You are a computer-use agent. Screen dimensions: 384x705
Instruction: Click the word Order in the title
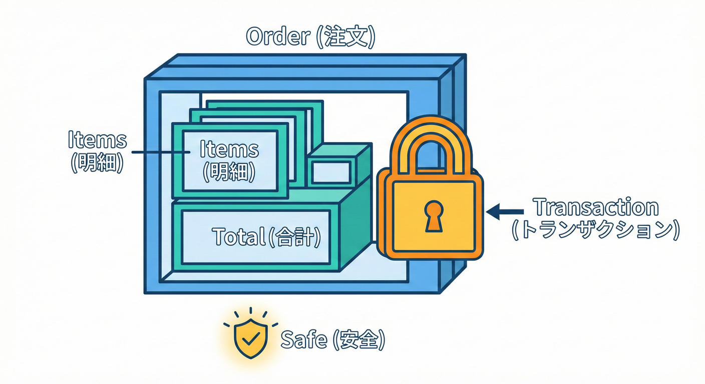click(278, 37)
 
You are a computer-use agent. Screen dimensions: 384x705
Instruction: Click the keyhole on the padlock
click(434, 215)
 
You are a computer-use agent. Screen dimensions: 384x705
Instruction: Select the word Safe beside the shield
click(303, 340)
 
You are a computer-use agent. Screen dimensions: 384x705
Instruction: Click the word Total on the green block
click(237, 236)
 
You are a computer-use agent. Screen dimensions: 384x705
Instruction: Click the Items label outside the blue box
click(97, 140)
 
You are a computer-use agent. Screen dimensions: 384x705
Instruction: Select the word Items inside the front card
click(229, 149)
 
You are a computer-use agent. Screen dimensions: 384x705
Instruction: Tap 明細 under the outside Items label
click(97, 163)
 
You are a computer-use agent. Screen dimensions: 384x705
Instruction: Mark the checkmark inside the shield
click(251, 338)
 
